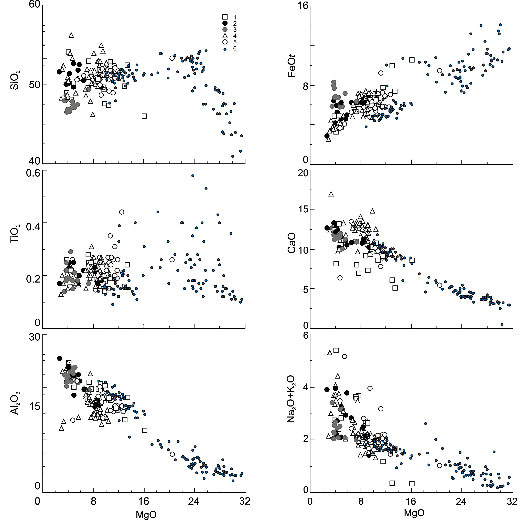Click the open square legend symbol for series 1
pyautogui.click(x=225, y=17)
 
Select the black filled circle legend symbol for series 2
pyautogui.click(x=225, y=23)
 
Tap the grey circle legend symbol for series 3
pyautogui.click(x=225, y=29)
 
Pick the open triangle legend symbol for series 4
pyautogui.click(x=225, y=36)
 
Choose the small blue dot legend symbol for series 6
pyautogui.click(x=225, y=49)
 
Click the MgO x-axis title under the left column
pyautogui.click(x=146, y=515)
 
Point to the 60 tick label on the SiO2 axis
pyautogui.click(x=35, y=5)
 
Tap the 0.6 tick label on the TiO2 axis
pyautogui.click(x=33, y=173)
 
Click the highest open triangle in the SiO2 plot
pyautogui.click(x=71, y=35)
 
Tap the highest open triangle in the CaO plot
pyautogui.click(x=331, y=194)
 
